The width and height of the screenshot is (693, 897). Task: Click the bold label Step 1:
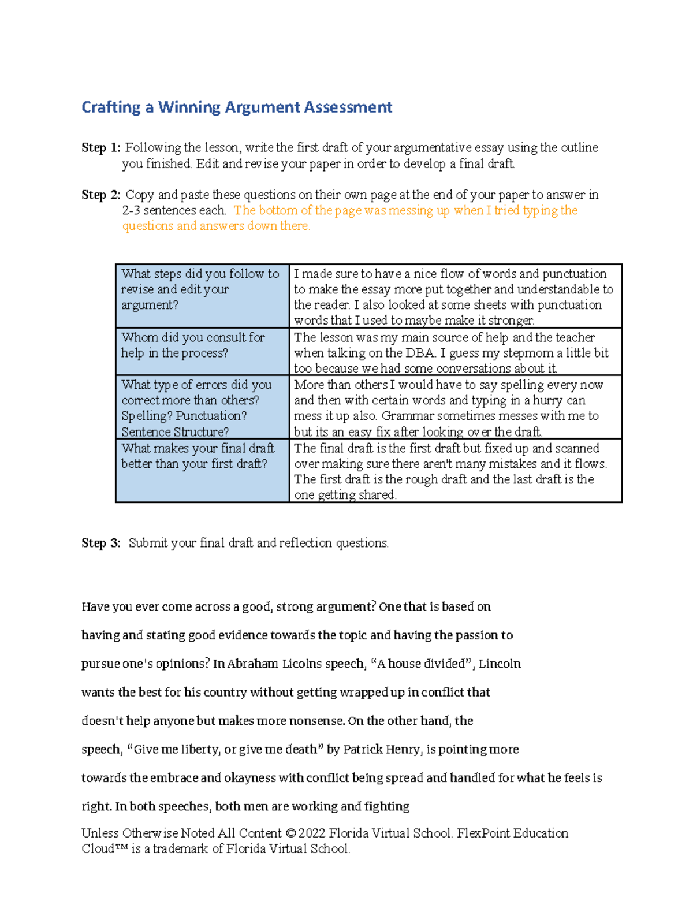[101, 148]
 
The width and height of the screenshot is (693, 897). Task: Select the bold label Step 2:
[101, 195]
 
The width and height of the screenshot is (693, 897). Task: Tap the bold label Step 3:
[101, 544]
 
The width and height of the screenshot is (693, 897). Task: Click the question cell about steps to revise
[202, 296]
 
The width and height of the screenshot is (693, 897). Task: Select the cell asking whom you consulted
[202, 351]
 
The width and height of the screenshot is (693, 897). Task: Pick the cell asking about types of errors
[202, 407]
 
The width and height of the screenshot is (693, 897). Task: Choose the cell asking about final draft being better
[202, 470]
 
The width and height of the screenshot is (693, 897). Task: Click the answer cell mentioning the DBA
[455, 352]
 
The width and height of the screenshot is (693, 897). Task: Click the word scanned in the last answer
[577, 448]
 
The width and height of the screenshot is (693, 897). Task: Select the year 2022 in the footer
[312, 833]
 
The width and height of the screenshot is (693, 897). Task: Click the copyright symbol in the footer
[290, 833]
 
